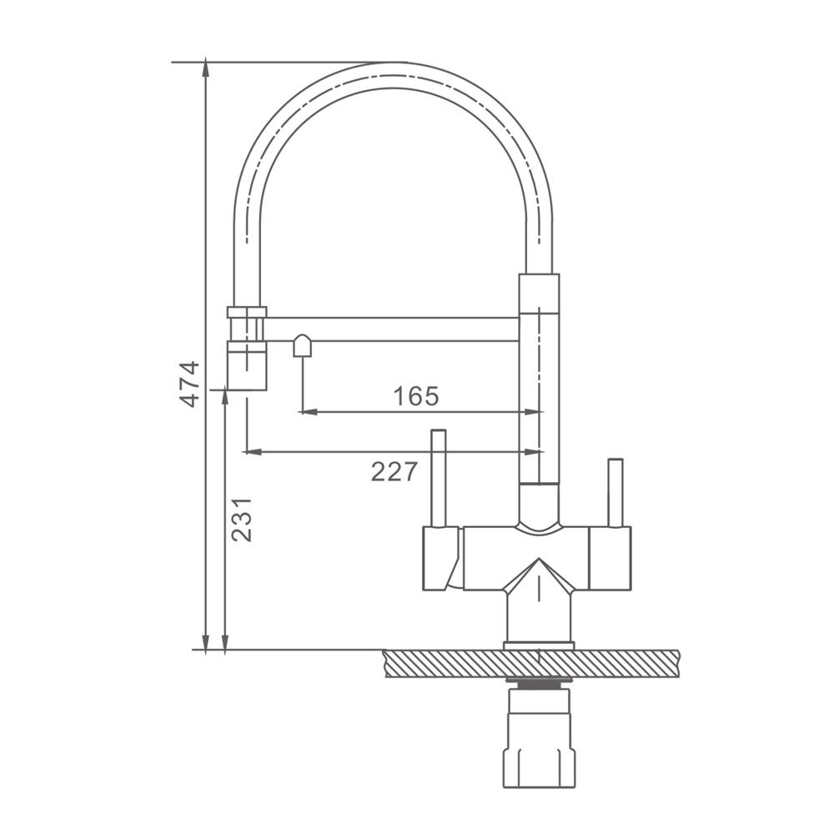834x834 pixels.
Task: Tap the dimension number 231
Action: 242,520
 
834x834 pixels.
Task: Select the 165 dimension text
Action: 416,395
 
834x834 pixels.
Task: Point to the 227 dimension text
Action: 394,471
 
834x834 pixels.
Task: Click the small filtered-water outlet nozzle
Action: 302,346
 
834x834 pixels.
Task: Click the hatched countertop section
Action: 531,663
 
